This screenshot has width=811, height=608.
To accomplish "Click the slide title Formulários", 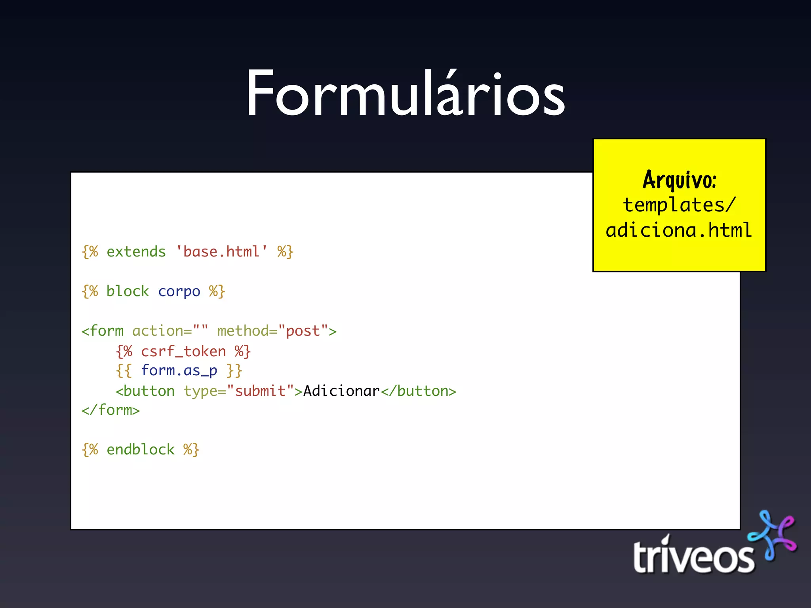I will coord(405,94).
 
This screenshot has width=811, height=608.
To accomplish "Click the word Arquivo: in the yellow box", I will coord(679,180).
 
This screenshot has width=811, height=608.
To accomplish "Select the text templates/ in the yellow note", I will coord(679,205).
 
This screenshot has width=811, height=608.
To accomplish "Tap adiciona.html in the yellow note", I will coord(679,230).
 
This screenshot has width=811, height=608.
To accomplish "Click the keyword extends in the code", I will coord(136,252).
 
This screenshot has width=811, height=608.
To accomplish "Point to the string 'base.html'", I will coord(221,252).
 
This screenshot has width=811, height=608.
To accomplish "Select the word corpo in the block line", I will coord(179,292).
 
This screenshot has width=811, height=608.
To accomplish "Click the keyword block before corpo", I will coord(128,291).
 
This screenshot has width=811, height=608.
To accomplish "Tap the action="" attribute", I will coord(170,331).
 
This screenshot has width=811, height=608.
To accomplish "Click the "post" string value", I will coord(303,331).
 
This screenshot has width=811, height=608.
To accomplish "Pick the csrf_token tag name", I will coord(183,351).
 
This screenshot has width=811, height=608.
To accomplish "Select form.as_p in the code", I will coord(179,371).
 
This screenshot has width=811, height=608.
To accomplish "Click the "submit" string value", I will coord(260,391).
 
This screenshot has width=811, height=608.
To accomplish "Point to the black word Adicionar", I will coord(341,391).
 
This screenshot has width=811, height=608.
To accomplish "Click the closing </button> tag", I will coord(418,391).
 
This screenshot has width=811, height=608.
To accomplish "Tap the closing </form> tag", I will coord(110,410).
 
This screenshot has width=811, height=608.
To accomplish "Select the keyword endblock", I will coord(140,450).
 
